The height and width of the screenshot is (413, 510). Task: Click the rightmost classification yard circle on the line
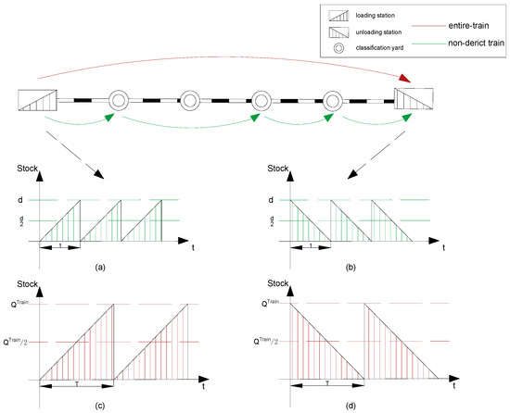point(333,99)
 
